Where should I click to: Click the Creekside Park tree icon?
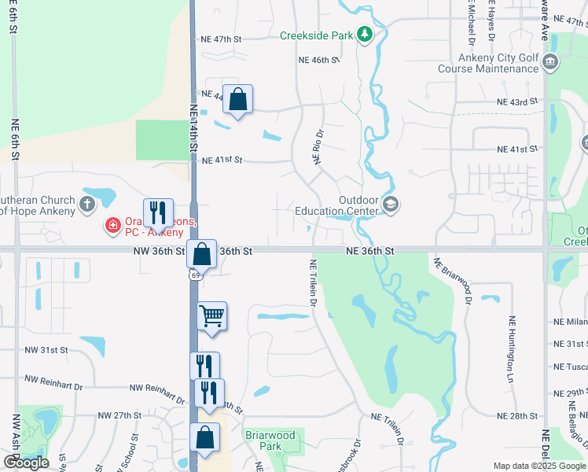pyautogui.click(x=364, y=35)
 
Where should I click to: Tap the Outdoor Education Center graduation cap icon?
pyautogui.click(x=391, y=205)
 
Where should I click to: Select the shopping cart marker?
pyautogui.click(x=211, y=316)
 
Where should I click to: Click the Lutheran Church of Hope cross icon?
pyautogui.click(x=87, y=205)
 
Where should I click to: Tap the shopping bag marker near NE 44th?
pyautogui.click(x=238, y=99)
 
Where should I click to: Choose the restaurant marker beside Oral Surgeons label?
pyautogui.click(x=158, y=213)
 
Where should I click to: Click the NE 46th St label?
pyautogui.click(x=318, y=60)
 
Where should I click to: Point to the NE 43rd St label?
pyautogui.click(x=516, y=101)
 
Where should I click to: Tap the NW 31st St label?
pyautogui.click(x=46, y=349)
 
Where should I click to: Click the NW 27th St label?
pyautogui.click(x=119, y=415)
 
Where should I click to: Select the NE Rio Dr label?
pyautogui.click(x=318, y=148)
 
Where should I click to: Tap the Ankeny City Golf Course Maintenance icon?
pyautogui.click(x=549, y=61)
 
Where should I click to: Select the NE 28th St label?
pyautogui.click(x=516, y=415)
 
